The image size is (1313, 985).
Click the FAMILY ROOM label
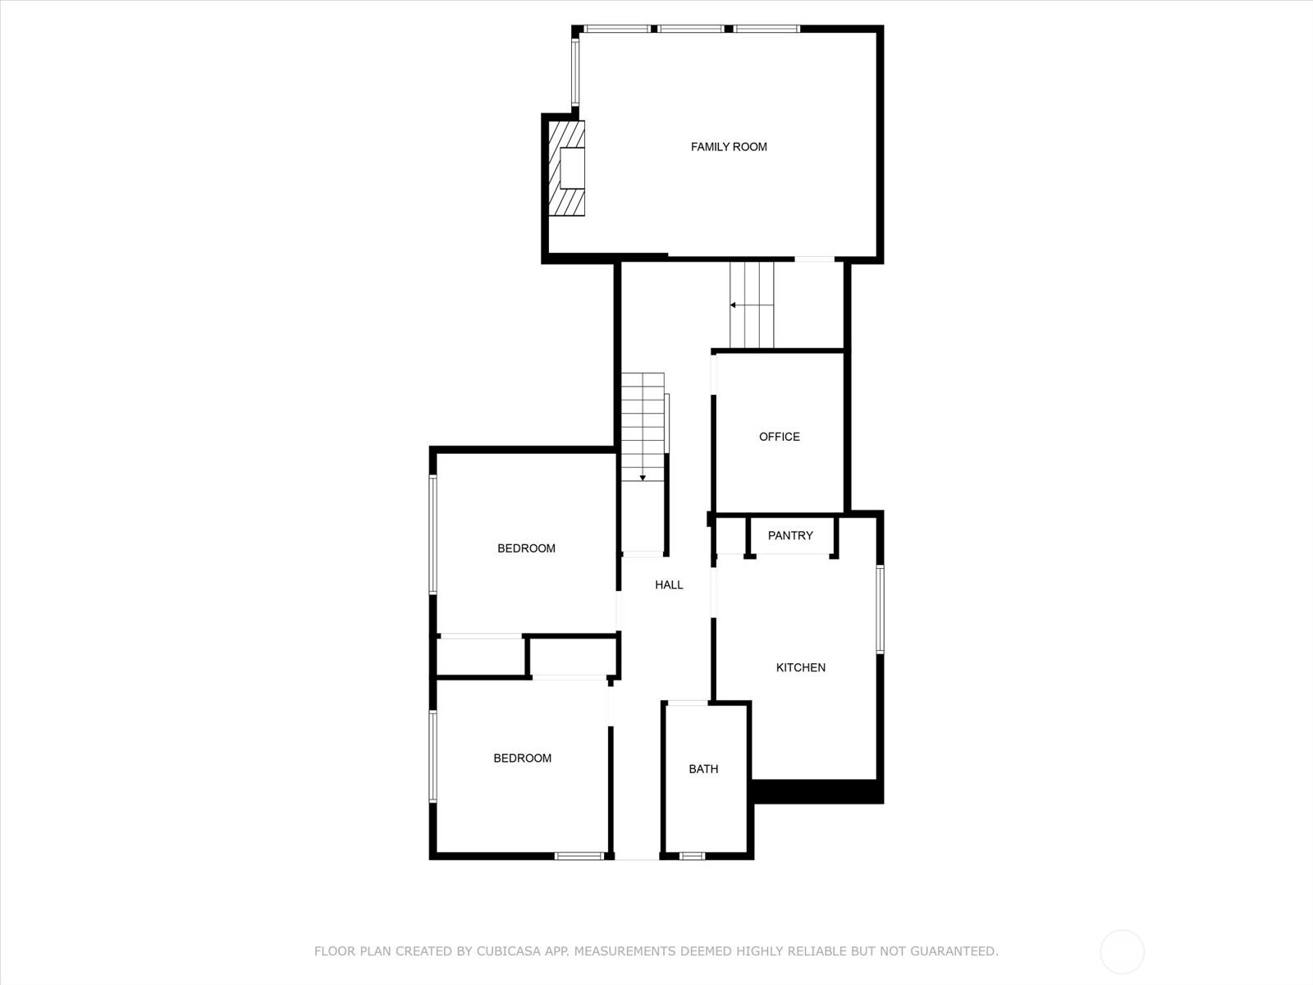(x=729, y=147)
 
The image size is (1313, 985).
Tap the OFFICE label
(x=780, y=437)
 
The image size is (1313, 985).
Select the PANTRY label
(x=790, y=535)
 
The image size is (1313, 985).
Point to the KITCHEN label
(x=800, y=667)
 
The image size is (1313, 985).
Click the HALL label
(x=669, y=585)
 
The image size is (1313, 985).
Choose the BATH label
(x=703, y=769)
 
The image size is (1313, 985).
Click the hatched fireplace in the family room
(x=566, y=168)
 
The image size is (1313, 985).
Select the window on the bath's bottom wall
(x=692, y=856)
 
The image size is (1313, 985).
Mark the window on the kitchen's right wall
(x=880, y=609)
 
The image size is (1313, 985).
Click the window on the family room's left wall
(x=575, y=72)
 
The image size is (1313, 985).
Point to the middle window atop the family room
(x=692, y=29)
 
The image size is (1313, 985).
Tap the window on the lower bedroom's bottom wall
(x=579, y=856)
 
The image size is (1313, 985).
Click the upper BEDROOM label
(x=526, y=548)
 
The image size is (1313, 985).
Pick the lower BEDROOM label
(x=522, y=758)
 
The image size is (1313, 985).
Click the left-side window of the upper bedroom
(x=433, y=534)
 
